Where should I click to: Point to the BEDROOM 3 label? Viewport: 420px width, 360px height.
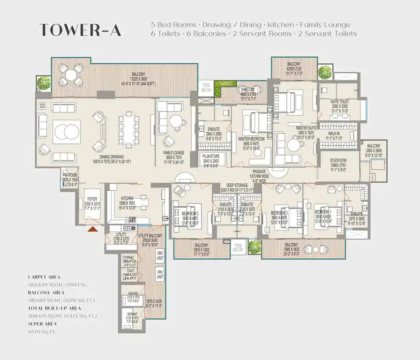190,213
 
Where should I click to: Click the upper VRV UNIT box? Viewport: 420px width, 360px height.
160,256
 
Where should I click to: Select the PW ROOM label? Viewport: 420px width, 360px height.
70,175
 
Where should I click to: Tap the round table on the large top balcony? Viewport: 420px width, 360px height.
71,75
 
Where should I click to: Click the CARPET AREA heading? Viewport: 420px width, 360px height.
44,277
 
